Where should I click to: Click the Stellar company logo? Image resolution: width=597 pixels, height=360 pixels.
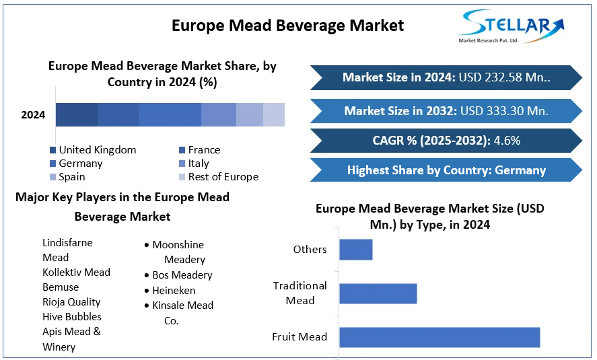point(510,27)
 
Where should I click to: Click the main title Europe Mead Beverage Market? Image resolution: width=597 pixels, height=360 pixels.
point(287,26)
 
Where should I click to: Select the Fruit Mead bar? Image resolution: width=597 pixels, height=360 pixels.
point(440,337)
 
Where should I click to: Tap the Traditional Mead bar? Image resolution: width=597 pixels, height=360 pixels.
point(378,293)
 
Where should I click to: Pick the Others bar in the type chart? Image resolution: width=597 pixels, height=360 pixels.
point(355,250)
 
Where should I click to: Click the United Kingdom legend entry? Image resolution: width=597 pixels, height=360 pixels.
point(97,150)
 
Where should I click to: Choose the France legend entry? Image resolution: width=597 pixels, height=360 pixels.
point(203,150)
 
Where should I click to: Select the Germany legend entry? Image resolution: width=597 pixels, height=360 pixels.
point(80,164)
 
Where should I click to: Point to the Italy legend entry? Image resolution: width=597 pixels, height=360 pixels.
point(198,164)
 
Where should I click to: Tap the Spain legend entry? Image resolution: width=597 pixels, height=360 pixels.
point(71,177)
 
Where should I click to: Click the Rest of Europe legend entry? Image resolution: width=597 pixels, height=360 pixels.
point(223,177)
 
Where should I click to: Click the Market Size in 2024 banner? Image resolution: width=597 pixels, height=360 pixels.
point(446,77)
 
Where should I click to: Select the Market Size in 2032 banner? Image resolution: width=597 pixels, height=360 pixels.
point(446,110)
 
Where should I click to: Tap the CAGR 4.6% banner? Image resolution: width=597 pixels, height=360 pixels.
point(446,141)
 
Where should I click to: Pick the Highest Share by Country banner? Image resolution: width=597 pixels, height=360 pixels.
point(446,170)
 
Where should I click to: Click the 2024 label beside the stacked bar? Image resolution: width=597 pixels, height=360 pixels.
point(33,115)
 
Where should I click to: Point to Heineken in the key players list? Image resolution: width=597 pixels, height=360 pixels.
point(174,291)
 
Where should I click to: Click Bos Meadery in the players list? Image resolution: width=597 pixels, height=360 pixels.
point(182,275)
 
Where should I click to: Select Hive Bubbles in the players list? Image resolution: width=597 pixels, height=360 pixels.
point(72,317)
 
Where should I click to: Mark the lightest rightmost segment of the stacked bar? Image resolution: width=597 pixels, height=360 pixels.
point(273,115)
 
